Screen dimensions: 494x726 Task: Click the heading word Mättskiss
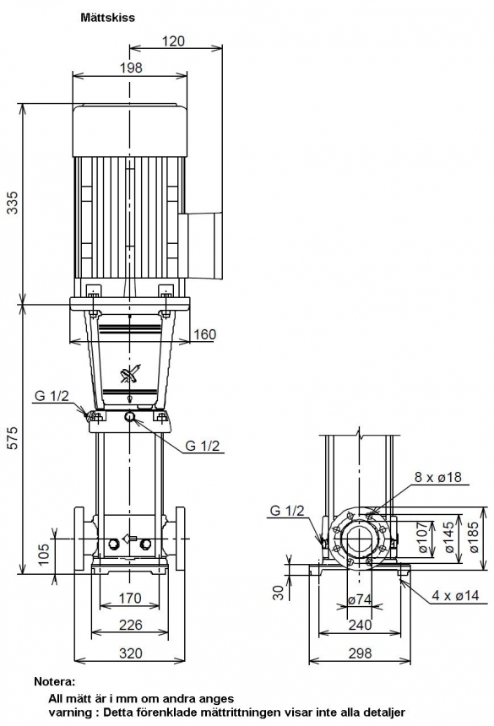(x=108, y=18)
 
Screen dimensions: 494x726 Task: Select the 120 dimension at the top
(x=173, y=41)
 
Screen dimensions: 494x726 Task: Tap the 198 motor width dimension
(x=131, y=68)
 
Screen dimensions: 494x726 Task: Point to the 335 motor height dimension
(x=14, y=202)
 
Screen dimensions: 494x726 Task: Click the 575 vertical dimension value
(x=14, y=437)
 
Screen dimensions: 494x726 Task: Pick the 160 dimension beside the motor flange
(x=204, y=333)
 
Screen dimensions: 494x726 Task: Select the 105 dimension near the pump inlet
(x=43, y=554)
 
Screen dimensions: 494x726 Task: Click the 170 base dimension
(x=130, y=599)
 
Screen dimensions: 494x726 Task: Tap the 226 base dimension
(x=130, y=625)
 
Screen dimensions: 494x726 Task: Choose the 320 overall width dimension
(x=130, y=653)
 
